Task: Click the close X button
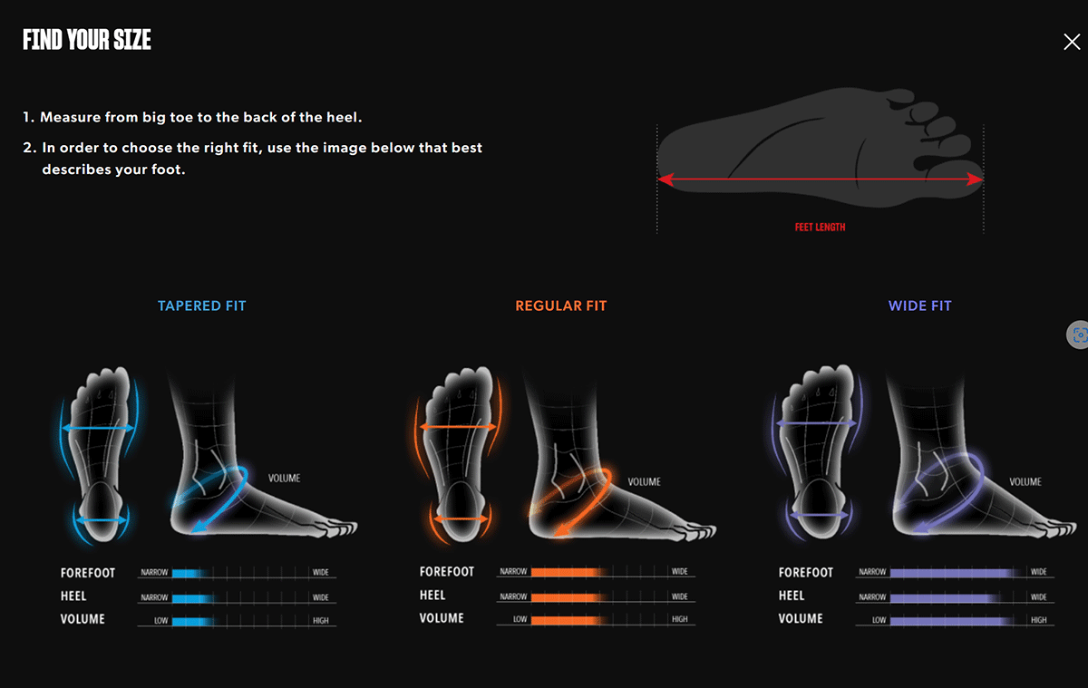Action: (x=1072, y=42)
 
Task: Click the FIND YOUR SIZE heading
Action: (x=87, y=40)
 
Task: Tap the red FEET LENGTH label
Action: (x=820, y=228)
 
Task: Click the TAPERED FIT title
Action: (x=201, y=305)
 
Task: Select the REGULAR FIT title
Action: (x=560, y=305)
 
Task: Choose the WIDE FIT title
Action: (x=919, y=305)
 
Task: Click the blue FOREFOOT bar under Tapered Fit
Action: (x=190, y=573)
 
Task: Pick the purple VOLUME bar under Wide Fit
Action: (x=948, y=620)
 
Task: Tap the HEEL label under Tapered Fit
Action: (x=73, y=596)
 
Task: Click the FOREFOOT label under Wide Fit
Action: (x=805, y=572)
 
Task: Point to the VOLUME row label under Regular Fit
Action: (x=442, y=619)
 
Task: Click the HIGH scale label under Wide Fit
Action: (x=1038, y=620)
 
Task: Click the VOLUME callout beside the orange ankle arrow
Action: (x=644, y=482)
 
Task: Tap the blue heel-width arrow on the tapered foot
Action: (x=100, y=520)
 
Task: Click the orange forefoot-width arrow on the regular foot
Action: (x=458, y=427)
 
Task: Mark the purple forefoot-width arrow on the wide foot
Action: (x=817, y=423)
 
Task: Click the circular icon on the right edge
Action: (x=1078, y=334)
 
